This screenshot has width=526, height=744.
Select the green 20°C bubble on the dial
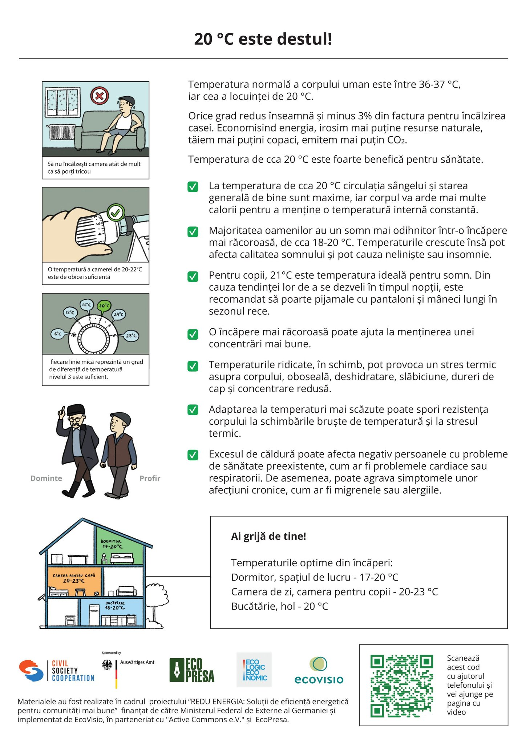tap(104, 306)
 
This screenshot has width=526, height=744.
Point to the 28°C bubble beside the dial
tap(131, 336)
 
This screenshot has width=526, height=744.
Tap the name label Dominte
tap(46, 478)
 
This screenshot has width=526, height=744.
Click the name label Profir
tap(150, 478)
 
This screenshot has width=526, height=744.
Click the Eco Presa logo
tap(192, 670)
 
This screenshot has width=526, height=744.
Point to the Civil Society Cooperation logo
tap(57, 671)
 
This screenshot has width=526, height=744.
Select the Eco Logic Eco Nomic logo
tap(254, 670)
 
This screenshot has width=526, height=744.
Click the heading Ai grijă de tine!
tap(268, 536)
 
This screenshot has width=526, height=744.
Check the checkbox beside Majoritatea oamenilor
tap(193, 231)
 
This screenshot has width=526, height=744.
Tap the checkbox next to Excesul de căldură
tap(193, 455)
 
